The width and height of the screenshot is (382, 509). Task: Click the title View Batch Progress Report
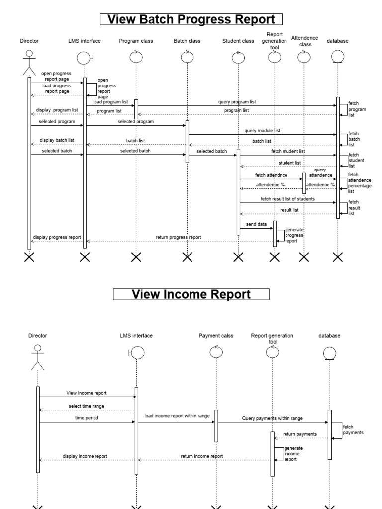(191, 20)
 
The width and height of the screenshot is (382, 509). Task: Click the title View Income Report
(191, 294)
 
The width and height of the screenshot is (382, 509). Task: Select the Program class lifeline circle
(136, 58)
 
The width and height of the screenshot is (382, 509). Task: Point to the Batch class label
(187, 41)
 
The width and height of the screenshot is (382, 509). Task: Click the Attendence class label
(304, 41)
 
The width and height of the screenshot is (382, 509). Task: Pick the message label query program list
(237, 102)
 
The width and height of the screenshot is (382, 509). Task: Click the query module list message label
(262, 131)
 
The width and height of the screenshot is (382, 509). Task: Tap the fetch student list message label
(288, 151)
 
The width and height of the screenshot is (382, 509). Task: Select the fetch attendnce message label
(271, 175)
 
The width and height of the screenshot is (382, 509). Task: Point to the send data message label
(256, 224)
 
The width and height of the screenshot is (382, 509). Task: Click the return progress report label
(179, 237)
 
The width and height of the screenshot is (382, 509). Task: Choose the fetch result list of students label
(287, 199)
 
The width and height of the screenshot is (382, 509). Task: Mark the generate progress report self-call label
(294, 235)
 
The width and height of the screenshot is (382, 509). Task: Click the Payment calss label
(216, 336)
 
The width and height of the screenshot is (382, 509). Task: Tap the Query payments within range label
(273, 418)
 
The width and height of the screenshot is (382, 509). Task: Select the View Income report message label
(87, 393)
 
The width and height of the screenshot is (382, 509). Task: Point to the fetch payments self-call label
(353, 429)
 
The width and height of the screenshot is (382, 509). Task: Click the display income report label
(85, 456)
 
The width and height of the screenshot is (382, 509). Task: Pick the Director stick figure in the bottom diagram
(37, 357)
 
